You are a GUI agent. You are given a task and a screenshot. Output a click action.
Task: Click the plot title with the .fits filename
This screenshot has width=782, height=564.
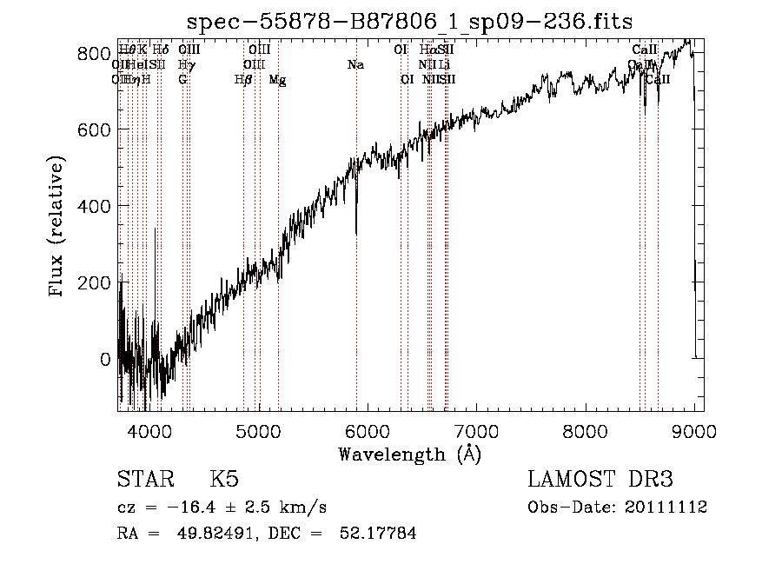click(409, 20)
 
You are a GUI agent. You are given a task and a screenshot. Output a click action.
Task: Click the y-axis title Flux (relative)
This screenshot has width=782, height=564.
click(58, 227)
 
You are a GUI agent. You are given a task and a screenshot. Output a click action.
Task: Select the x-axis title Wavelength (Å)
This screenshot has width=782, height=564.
click(410, 455)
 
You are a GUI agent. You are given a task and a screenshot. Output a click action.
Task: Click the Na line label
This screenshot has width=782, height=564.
click(355, 64)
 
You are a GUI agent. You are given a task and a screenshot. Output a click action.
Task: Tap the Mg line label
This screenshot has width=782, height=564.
click(278, 80)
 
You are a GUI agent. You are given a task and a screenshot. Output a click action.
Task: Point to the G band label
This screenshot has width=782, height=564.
click(182, 80)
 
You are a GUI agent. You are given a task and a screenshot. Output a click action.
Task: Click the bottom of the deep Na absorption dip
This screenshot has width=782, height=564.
click(356, 232)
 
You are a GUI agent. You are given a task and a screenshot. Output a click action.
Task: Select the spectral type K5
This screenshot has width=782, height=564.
click(223, 480)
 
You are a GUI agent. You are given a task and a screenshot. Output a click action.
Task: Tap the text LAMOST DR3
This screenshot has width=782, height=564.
click(600, 480)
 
